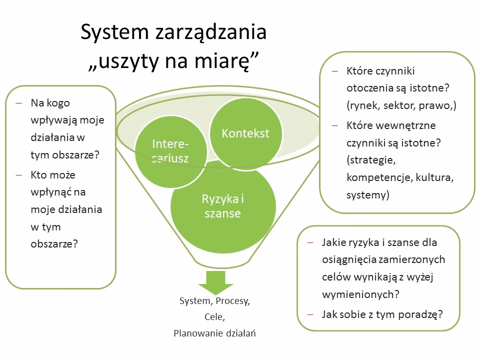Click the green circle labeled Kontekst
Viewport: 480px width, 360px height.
pos(245,133)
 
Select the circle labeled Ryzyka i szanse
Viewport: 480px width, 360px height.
pos(223,206)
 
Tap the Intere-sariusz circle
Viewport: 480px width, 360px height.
pos(170,151)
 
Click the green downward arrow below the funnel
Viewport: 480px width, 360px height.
pos(216,282)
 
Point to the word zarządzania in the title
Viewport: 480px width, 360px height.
pos(211,32)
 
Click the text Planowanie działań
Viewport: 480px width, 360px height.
pos(214,333)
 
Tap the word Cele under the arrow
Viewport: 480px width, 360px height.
pos(214,317)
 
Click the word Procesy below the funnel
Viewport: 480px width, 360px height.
pos(232,301)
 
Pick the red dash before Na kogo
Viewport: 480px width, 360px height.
pos(19,103)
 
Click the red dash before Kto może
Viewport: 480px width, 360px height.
pos(19,175)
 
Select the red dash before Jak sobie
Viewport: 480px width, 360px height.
pos(310,314)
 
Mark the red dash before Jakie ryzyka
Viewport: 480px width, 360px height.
pos(310,243)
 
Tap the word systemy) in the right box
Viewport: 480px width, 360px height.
pos(368,195)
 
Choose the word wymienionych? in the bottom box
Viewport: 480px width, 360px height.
pos(360,294)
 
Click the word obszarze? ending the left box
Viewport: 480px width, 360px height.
pos(54,244)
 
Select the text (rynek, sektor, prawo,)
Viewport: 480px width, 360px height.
pos(401,105)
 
